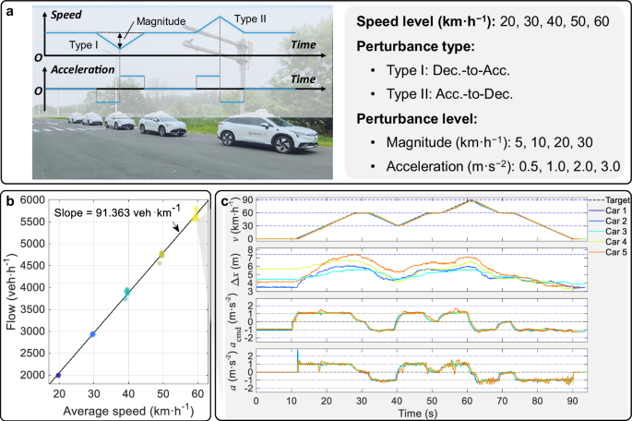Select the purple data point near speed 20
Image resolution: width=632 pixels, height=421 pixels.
click(58, 376)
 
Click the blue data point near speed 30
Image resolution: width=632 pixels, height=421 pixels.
click(92, 334)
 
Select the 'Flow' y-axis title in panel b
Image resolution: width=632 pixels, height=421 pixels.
click(10, 291)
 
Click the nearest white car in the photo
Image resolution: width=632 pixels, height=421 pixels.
click(258, 138)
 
